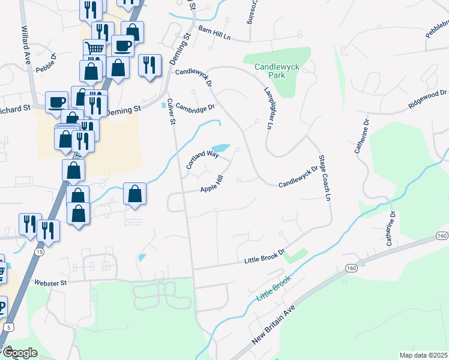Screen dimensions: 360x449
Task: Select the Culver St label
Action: click(170, 112)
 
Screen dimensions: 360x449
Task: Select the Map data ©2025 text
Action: click(423, 355)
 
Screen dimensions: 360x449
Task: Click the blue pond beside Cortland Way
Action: click(220, 148)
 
